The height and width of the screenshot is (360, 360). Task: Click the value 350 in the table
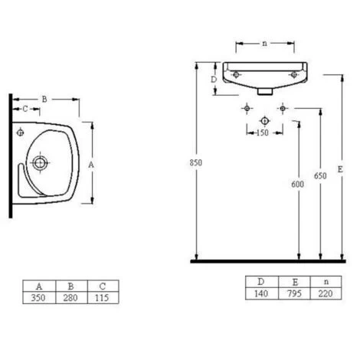(x=38, y=298)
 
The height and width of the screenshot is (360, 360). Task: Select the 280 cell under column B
(x=70, y=298)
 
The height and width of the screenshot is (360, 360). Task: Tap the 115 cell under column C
(x=102, y=298)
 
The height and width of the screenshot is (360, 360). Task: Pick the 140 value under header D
(x=261, y=293)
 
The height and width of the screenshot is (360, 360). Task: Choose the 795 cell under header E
(x=294, y=293)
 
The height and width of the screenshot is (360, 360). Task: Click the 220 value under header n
(x=326, y=293)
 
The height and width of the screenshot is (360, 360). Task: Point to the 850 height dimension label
(x=196, y=162)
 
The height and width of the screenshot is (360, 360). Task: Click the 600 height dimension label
(x=298, y=184)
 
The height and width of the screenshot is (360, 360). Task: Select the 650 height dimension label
(x=320, y=175)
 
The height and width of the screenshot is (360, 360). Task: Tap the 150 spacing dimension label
(x=262, y=133)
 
